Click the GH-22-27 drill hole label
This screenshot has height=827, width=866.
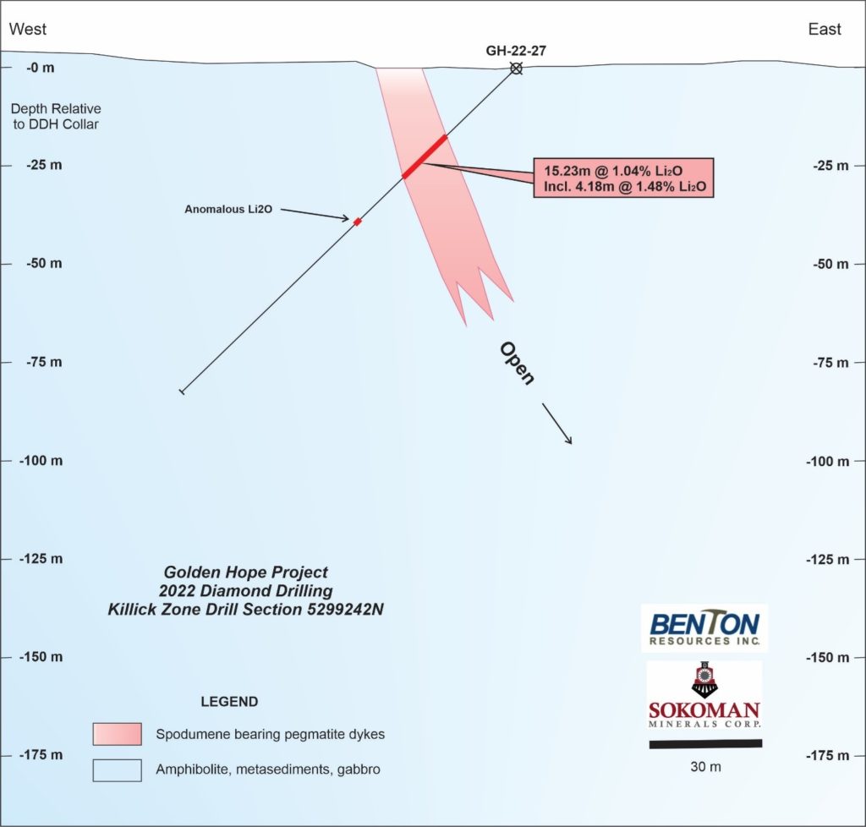click(515, 51)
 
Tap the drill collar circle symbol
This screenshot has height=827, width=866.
click(516, 68)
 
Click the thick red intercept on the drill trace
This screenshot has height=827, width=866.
click(425, 156)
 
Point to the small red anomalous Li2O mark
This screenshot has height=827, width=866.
click(358, 222)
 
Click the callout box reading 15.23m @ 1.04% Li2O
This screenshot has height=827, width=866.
click(623, 178)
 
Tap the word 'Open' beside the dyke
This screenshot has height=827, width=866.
click(516, 363)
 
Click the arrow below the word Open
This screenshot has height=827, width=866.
click(556, 424)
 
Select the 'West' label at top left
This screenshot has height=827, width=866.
click(28, 30)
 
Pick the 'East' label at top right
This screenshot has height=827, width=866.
click(825, 30)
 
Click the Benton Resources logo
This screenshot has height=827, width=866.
click(704, 627)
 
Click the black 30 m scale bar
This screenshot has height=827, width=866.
click(705, 744)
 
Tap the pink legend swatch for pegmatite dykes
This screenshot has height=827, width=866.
click(117, 734)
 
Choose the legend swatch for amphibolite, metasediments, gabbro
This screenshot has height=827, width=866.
click(117, 770)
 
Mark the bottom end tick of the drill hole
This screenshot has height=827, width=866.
click(182, 392)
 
